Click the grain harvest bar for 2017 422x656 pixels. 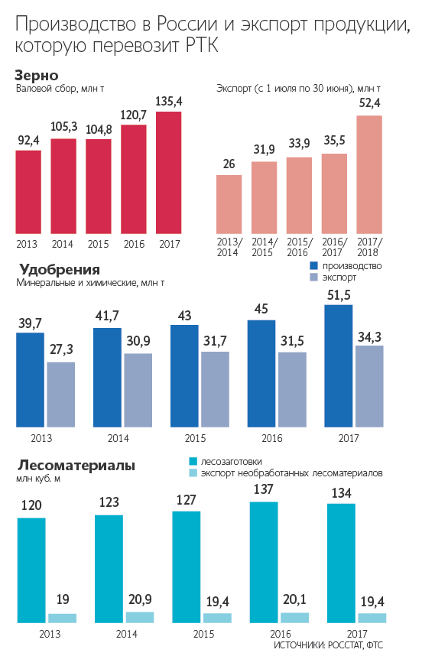169,172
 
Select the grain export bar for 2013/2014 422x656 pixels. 229,204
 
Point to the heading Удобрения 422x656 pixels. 58,270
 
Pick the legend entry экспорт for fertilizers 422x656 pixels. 339,278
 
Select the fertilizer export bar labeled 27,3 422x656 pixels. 61,395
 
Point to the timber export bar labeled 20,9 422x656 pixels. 139,618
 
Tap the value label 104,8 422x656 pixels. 99,128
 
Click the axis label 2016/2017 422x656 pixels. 334,248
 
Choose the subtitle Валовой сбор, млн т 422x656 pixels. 60,89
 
